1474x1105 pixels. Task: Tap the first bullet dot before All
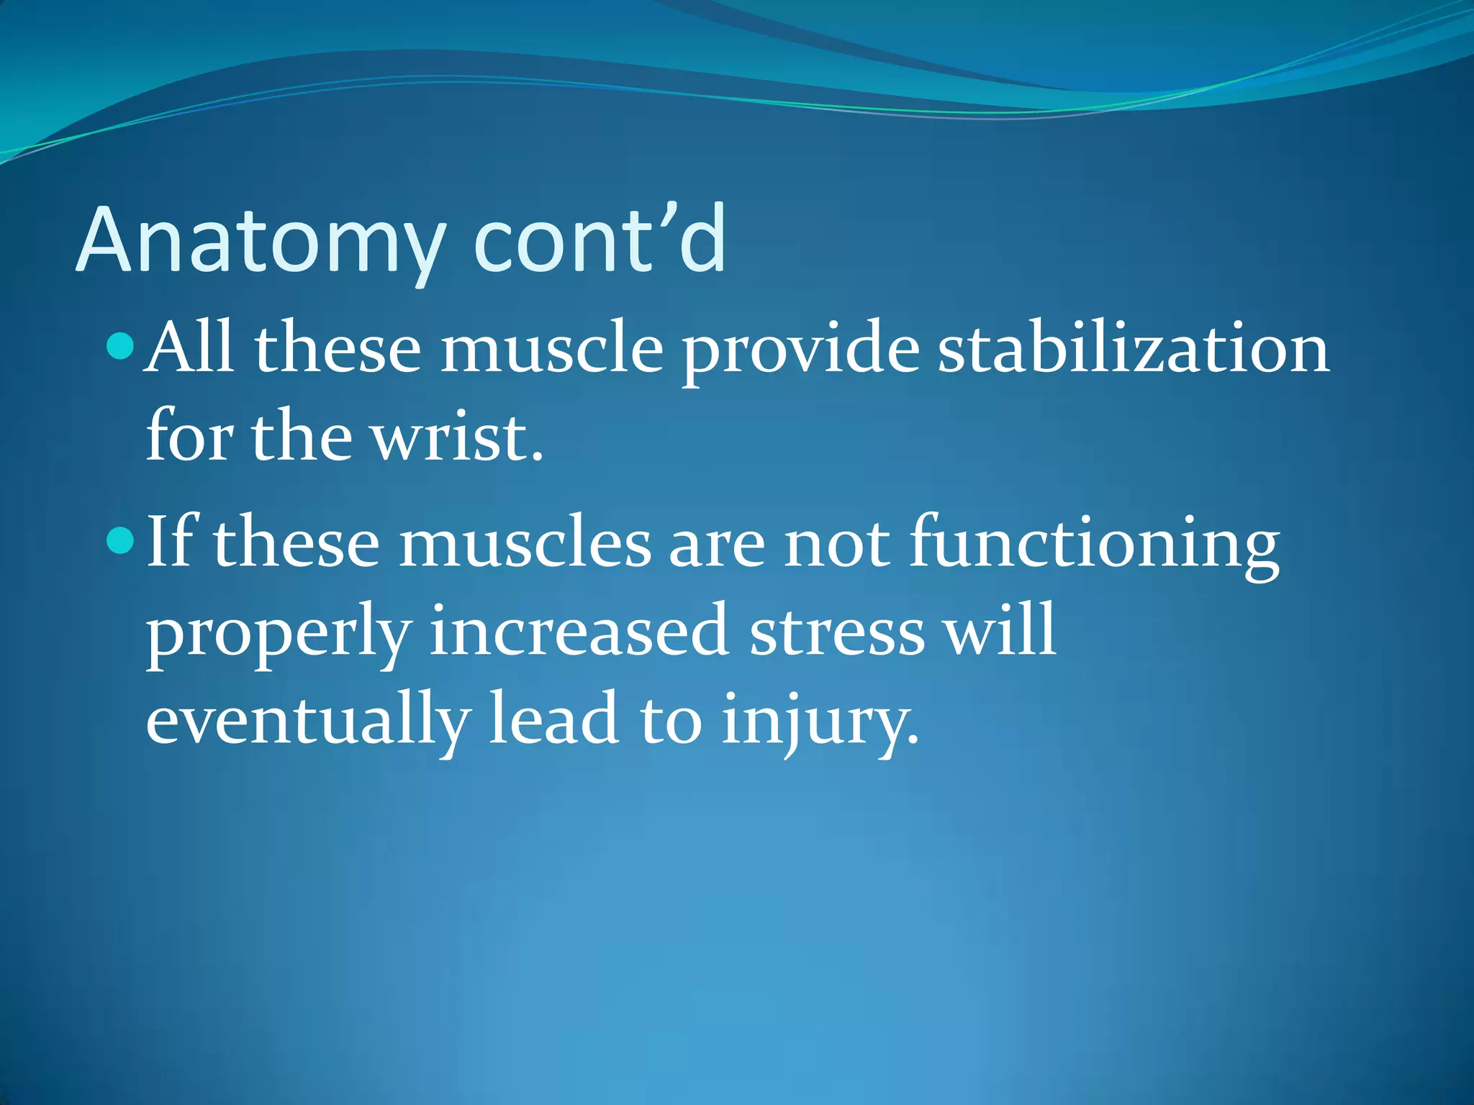pos(120,346)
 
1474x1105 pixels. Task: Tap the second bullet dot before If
pos(120,540)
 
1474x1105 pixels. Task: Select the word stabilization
pos(1134,349)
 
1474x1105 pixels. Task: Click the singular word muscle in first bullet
pos(551,349)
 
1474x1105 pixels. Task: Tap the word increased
pos(579,632)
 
